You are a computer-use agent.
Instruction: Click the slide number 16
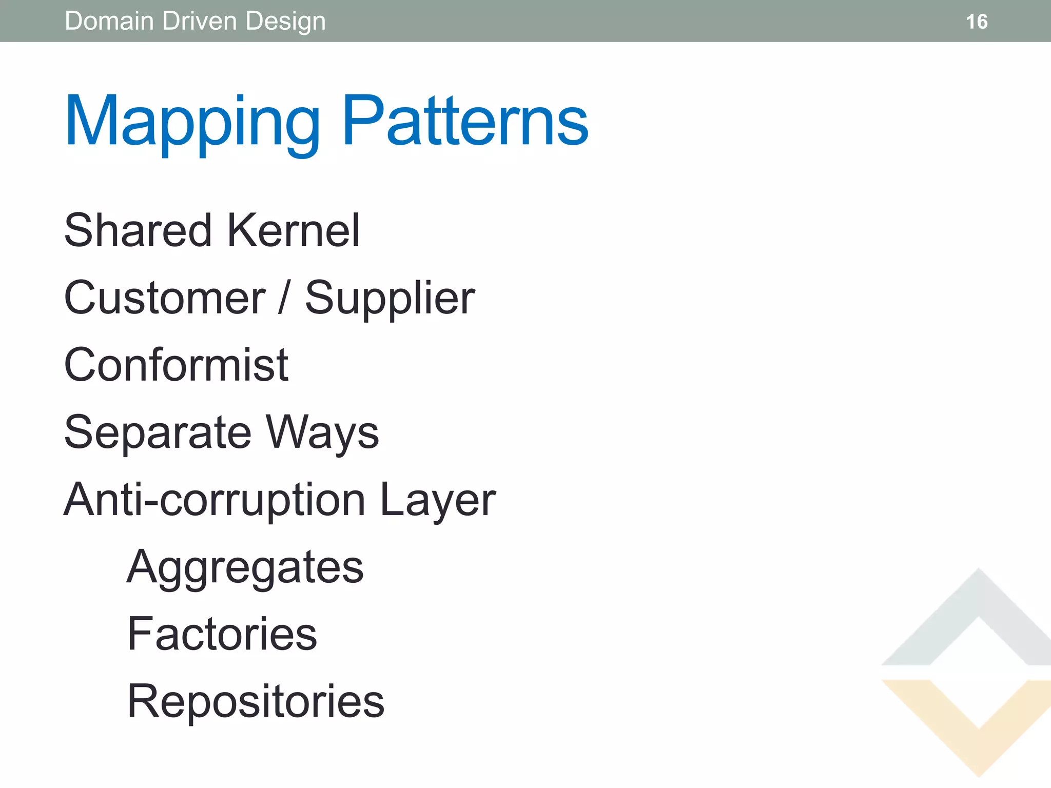(x=976, y=22)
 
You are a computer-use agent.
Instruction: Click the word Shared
(x=138, y=230)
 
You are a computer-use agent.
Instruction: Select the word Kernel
(x=293, y=230)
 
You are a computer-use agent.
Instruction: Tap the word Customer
(x=165, y=298)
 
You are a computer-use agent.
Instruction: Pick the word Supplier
(x=390, y=299)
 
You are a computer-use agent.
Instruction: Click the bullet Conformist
(x=176, y=365)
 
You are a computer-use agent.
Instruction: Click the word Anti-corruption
(x=215, y=500)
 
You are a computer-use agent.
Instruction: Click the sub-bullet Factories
(x=222, y=634)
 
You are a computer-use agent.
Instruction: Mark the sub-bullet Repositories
(x=256, y=702)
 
